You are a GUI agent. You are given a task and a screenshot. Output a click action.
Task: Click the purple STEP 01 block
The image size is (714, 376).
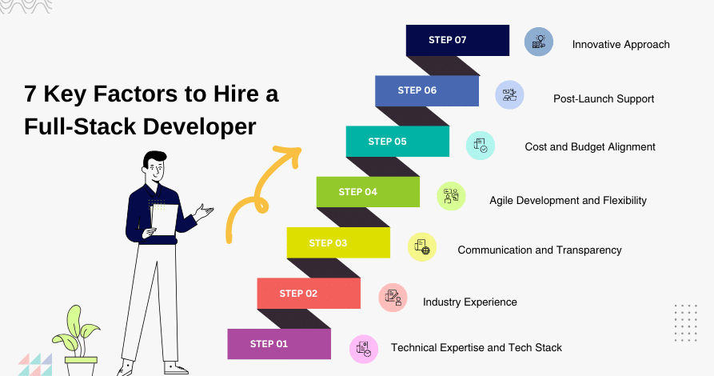click(x=279, y=344)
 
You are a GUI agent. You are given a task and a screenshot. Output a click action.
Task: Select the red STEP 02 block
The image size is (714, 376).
click(x=309, y=294)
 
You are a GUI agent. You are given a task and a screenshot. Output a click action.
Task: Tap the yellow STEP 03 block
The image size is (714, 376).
click(x=338, y=243)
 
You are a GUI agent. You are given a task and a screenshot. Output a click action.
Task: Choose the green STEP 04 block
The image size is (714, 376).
click(x=368, y=192)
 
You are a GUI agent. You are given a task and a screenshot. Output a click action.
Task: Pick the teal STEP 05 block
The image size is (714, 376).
click(x=397, y=142)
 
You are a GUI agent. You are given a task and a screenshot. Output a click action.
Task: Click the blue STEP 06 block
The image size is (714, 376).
click(x=427, y=90)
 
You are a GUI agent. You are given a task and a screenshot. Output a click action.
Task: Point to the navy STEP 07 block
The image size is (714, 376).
click(x=457, y=40)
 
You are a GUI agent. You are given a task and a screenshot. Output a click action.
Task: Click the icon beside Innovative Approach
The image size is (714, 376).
click(x=539, y=42)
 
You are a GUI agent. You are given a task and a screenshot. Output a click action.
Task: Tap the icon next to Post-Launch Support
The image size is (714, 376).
click(x=509, y=95)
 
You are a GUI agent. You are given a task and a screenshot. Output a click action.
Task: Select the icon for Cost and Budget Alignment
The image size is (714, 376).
click(x=481, y=146)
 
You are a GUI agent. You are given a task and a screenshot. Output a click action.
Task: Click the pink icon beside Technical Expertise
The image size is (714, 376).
click(x=364, y=349)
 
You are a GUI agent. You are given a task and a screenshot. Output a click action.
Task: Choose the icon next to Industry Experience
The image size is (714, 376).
click(x=393, y=298)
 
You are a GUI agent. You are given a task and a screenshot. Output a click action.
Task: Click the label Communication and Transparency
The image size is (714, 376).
click(x=540, y=250)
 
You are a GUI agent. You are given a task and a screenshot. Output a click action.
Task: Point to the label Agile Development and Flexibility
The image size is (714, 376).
click(x=568, y=201)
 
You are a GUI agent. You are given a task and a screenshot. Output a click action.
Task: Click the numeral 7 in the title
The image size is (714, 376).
click(x=30, y=94)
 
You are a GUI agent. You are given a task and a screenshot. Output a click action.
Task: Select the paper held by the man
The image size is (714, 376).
click(x=164, y=220)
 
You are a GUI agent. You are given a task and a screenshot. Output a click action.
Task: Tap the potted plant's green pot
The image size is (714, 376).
click(x=81, y=366)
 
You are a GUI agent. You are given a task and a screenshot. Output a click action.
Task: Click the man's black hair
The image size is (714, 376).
click(x=154, y=158)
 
